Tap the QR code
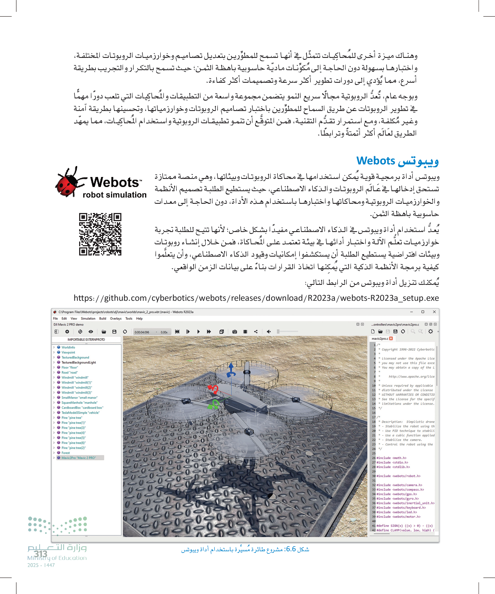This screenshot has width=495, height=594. tap(100, 234)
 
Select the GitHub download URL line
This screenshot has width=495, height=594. tap(256, 298)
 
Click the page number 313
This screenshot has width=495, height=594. tap(41, 553)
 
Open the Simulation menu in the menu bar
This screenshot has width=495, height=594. tap(88, 318)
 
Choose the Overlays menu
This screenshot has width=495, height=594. tap(115, 318)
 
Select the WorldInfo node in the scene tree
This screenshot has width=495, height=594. tap(68, 347)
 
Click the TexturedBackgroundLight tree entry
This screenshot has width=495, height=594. tap(79, 362)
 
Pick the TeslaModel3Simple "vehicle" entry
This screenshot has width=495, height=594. tap(80, 413)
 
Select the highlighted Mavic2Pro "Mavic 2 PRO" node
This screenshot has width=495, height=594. tap(79, 458)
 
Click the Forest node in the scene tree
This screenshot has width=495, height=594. tap(66, 453)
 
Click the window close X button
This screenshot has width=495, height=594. tap(434, 312)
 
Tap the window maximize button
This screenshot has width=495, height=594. tap(423, 312)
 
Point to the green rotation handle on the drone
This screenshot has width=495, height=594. tap(214, 404)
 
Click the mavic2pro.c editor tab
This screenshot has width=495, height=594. tap(380, 339)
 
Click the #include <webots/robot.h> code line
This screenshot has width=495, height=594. tap(398, 476)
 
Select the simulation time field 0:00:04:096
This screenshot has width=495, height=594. tap(142, 332)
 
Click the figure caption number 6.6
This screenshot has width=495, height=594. tap(291, 549)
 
